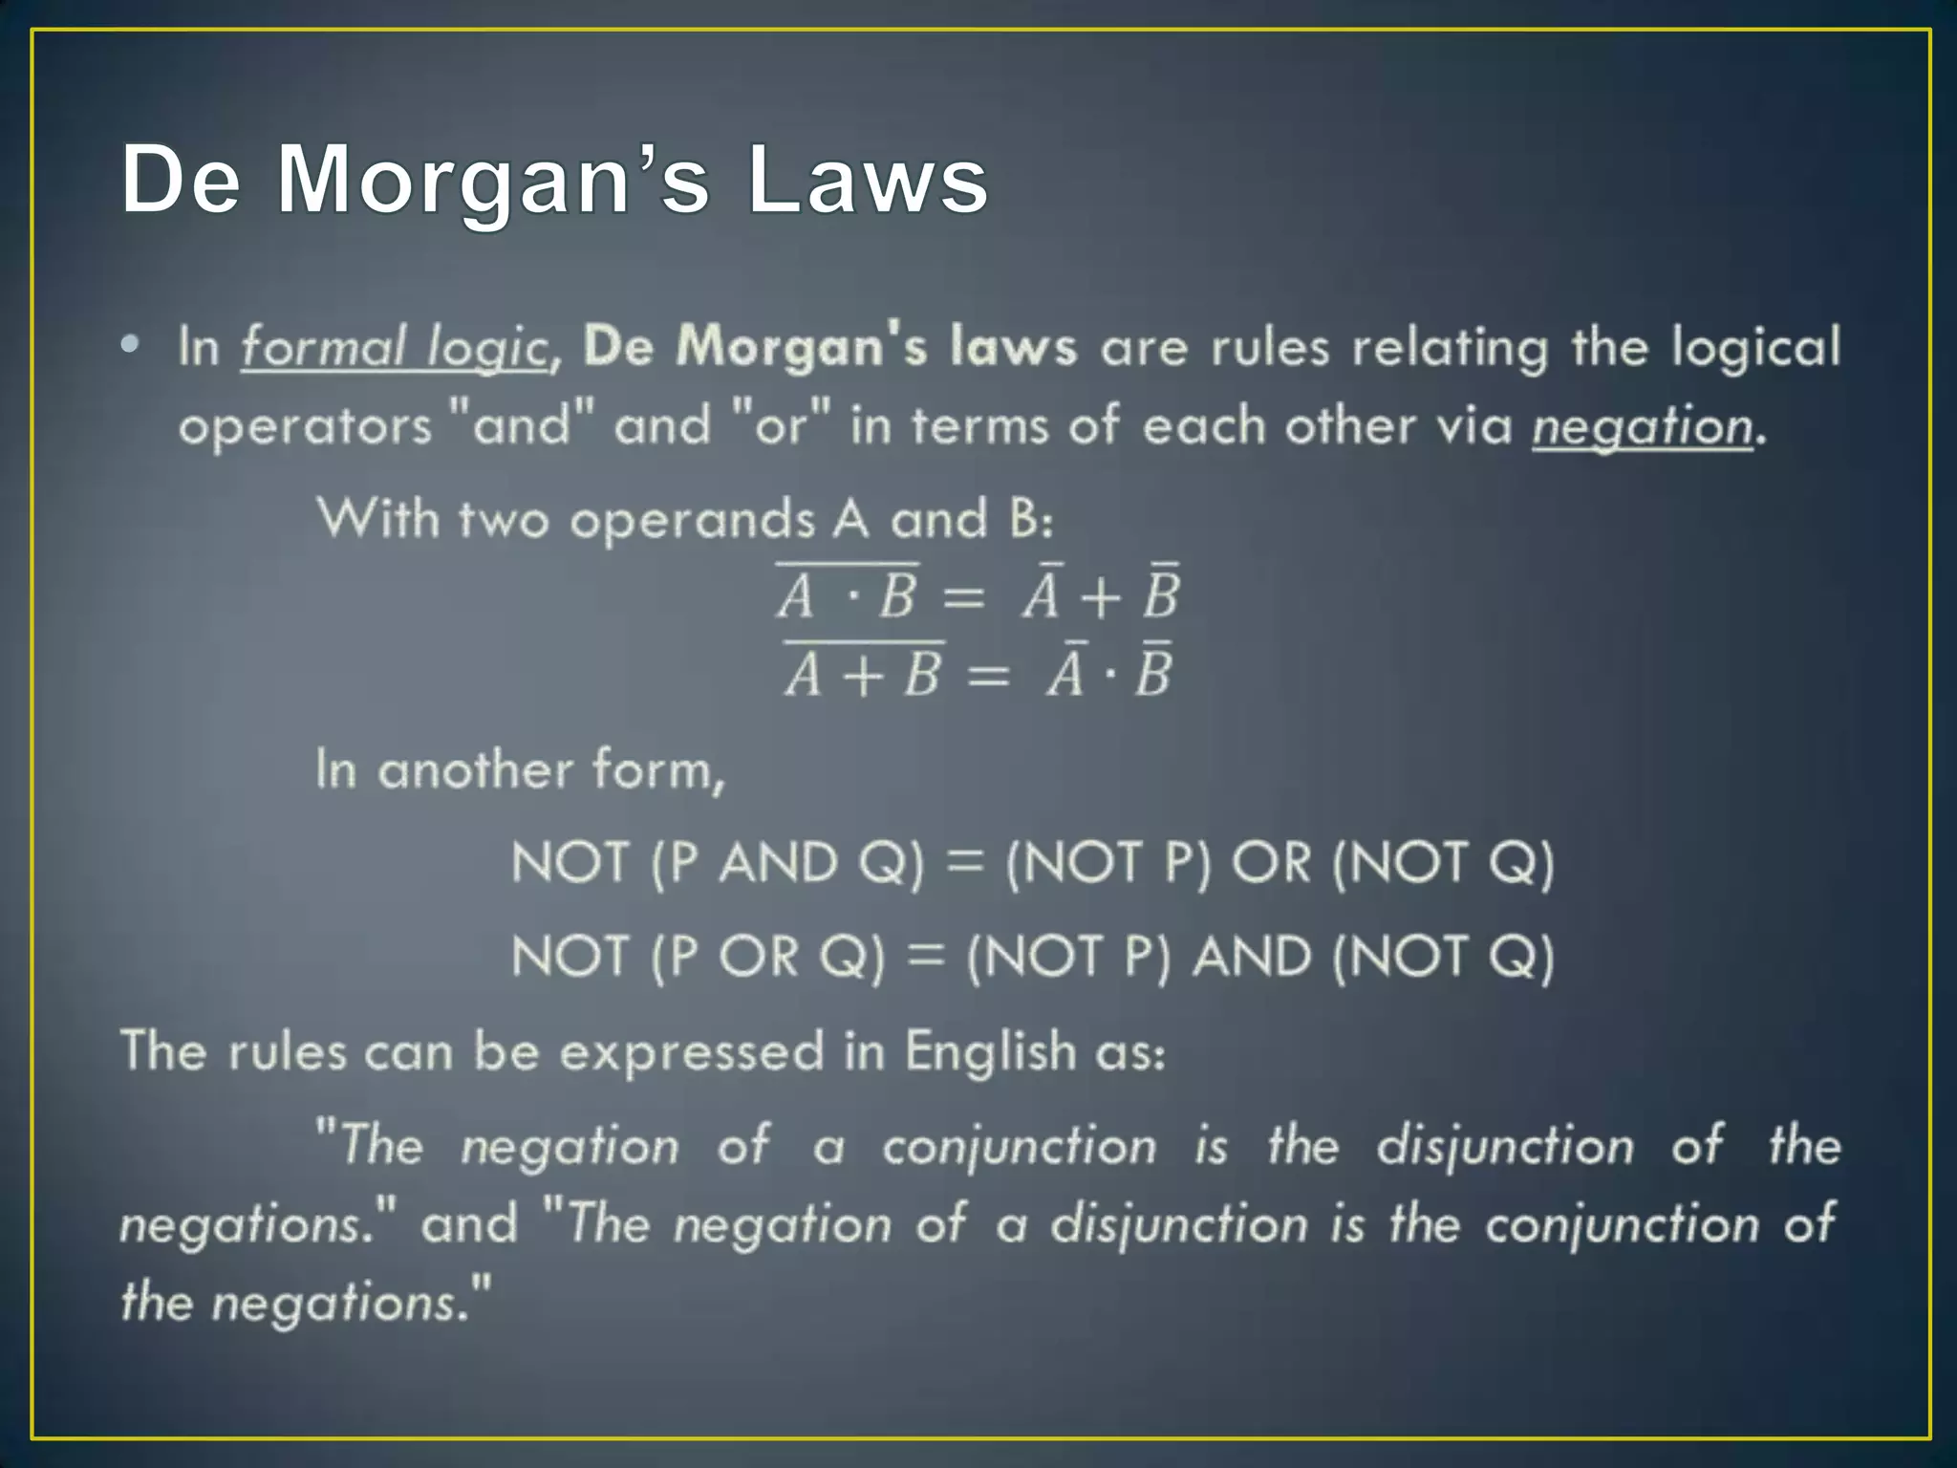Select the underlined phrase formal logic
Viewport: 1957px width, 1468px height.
pyautogui.click(x=394, y=347)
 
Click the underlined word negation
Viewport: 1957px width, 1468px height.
pyautogui.click(x=1643, y=426)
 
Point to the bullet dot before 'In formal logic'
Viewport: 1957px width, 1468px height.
pyautogui.click(x=130, y=345)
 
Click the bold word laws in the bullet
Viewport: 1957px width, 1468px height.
pyautogui.click(x=1014, y=347)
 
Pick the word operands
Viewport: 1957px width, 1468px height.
pyautogui.click(x=692, y=520)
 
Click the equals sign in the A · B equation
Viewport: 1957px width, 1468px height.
pyautogui.click(x=963, y=598)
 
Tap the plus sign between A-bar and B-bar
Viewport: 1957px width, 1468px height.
pyautogui.click(x=1100, y=598)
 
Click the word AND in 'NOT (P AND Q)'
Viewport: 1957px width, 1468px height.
pyautogui.click(x=778, y=863)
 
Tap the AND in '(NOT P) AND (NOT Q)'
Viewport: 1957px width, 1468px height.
pyautogui.click(x=1252, y=957)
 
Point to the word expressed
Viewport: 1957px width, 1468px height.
pyautogui.click(x=691, y=1052)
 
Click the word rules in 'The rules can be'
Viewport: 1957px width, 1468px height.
pyautogui.click(x=287, y=1052)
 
